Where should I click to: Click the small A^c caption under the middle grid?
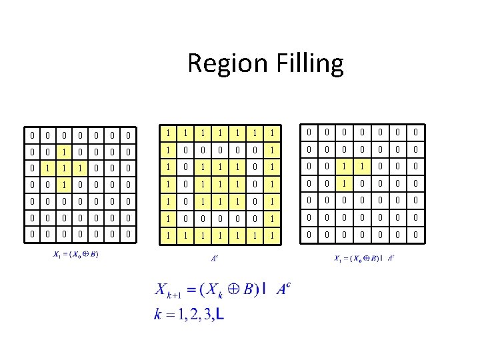(x=214, y=257)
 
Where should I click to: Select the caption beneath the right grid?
(x=364, y=257)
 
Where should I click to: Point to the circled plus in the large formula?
(x=233, y=289)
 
